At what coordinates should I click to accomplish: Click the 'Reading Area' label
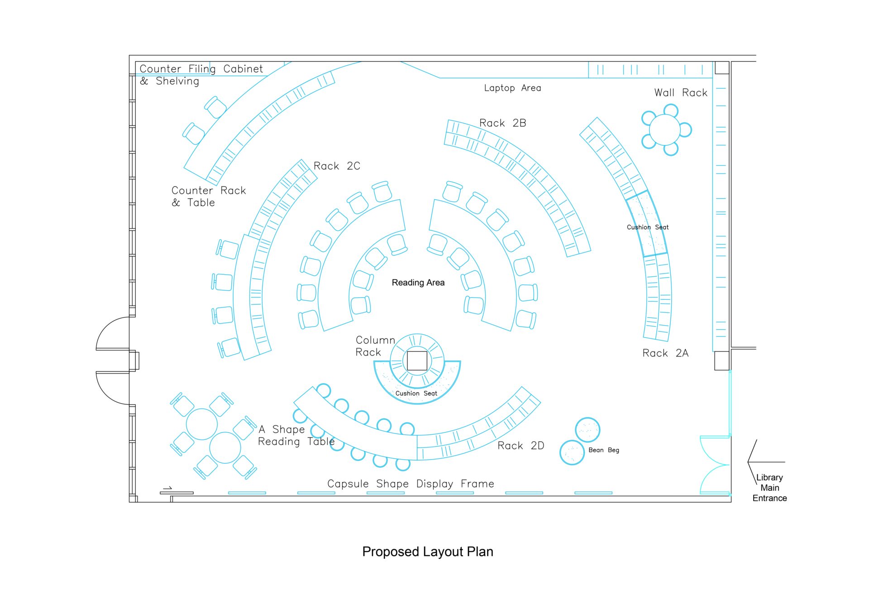pyautogui.click(x=418, y=283)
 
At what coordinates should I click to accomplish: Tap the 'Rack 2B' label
pyautogui.click(x=502, y=123)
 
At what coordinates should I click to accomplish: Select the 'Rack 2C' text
pyautogui.click(x=337, y=166)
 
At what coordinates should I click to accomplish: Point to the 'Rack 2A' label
pyautogui.click(x=665, y=353)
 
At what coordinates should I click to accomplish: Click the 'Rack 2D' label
pyautogui.click(x=520, y=446)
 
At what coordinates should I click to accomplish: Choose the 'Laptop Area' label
pyautogui.click(x=512, y=88)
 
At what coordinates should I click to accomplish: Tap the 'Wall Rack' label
pyautogui.click(x=680, y=93)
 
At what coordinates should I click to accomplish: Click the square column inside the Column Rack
pyautogui.click(x=417, y=361)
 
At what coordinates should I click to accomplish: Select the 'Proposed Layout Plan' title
pyautogui.click(x=427, y=552)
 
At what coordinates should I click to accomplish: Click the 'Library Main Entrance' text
pyautogui.click(x=769, y=488)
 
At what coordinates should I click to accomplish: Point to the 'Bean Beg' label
pyautogui.click(x=603, y=450)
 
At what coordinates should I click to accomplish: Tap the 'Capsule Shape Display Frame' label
pyautogui.click(x=411, y=484)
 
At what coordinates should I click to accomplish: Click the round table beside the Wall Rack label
pyautogui.click(x=664, y=130)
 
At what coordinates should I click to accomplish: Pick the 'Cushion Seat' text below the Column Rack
pyautogui.click(x=416, y=394)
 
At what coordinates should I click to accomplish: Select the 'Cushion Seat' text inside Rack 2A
pyautogui.click(x=647, y=227)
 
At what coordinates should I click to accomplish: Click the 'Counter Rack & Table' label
pyautogui.click(x=208, y=197)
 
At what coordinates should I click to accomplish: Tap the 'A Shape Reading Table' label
pyautogui.click(x=296, y=436)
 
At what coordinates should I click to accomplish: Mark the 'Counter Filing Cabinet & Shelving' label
pyautogui.click(x=201, y=75)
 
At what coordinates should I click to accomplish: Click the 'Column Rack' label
pyautogui.click(x=375, y=346)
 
